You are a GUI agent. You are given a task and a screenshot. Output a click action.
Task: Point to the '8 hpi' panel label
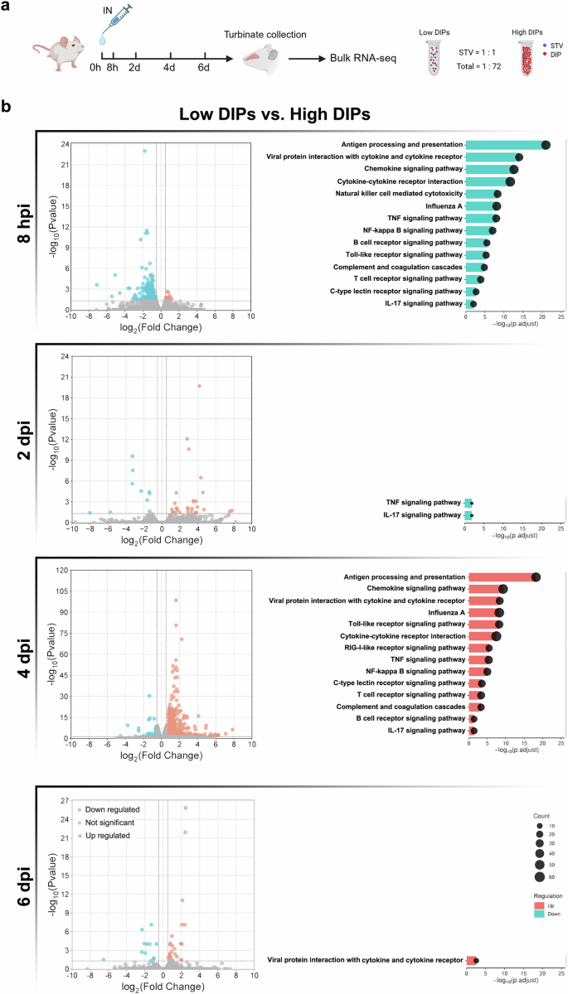27,221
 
